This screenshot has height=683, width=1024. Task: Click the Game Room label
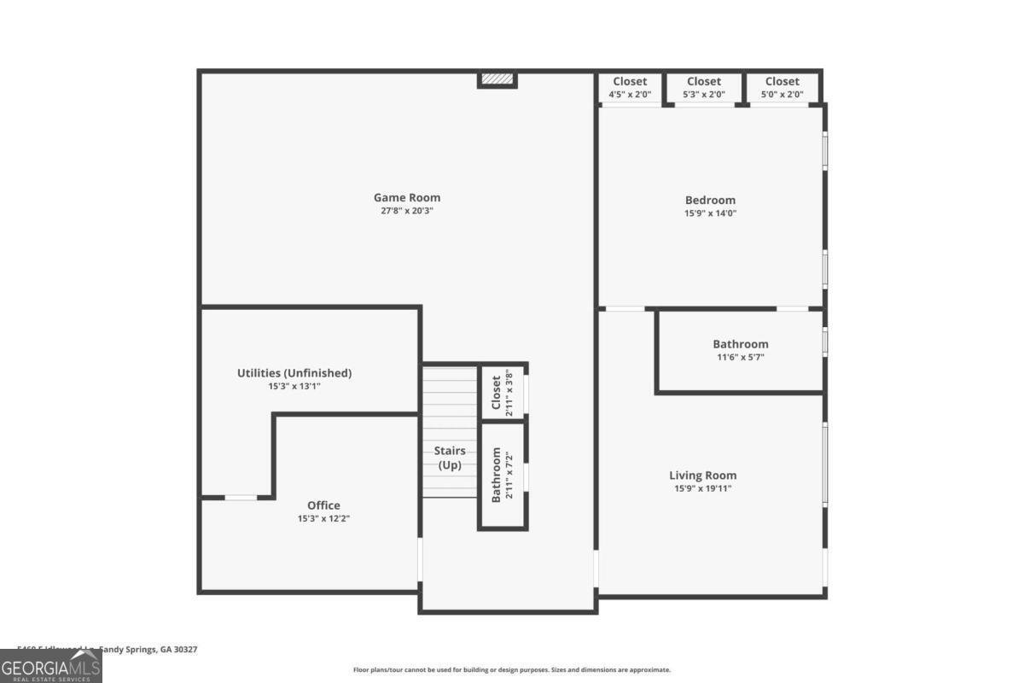[x=407, y=198]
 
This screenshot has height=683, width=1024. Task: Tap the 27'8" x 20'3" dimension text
[x=407, y=211]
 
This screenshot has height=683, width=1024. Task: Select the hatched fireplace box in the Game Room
[x=497, y=79]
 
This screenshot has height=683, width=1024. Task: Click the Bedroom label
[x=710, y=201]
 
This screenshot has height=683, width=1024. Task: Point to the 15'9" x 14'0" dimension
[x=710, y=213]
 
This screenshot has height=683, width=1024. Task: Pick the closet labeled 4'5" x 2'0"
[x=630, y=88]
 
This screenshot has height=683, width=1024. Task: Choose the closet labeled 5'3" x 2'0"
[x=704, y=88]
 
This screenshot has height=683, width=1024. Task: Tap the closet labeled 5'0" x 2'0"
[x=783, y=88]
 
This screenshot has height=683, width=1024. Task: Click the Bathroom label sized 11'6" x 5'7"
[x=741, y=345]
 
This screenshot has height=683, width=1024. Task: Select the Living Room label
[x=702, y=476]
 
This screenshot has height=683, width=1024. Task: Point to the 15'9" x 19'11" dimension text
[x=702, y=488]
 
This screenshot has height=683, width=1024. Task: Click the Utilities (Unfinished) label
[x=294, y=373]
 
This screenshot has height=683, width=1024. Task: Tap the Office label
[x=323, y=505]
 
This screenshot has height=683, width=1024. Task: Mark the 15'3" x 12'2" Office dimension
[x=323, y=518]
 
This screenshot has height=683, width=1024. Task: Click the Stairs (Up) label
[x=450, y=458]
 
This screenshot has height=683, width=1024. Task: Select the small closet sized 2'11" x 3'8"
[x=502, y=392]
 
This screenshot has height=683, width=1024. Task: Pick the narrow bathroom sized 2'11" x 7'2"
[x=502, y=475]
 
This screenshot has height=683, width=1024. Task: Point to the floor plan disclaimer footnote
[x=512, y=670]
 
